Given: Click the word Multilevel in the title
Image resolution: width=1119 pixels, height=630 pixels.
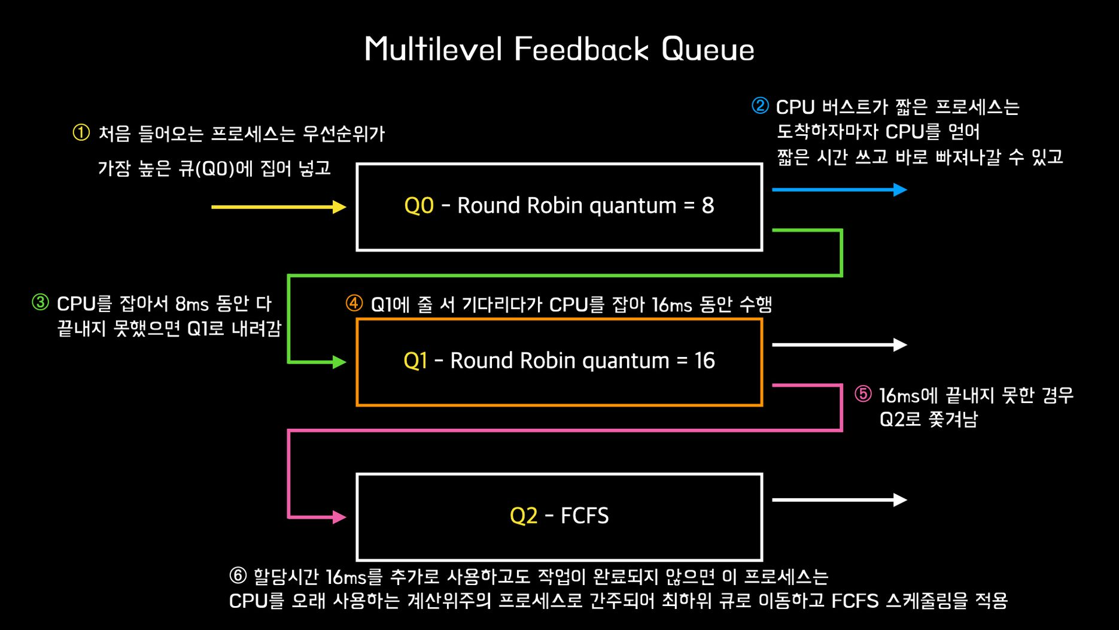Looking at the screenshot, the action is [433, 49].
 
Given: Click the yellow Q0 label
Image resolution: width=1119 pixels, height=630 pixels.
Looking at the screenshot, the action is [419, 205].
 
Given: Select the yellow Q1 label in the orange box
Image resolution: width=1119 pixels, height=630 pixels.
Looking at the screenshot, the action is [415, 361].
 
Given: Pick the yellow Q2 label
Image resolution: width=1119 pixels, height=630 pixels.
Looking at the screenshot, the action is [523, 516].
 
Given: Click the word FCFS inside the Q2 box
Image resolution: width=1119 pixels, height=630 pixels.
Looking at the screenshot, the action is [584, 516].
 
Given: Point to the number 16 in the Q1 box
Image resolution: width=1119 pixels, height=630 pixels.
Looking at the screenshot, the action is [704, 361].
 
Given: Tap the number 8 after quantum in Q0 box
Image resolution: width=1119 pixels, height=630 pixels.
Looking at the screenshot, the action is [707, 205].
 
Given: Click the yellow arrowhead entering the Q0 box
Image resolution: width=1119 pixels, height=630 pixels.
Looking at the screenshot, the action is [339, 207].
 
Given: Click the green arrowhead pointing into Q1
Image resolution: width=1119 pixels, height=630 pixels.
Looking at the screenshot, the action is [339, 362].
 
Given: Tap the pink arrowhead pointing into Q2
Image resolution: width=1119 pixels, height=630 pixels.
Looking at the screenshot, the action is [339, 517].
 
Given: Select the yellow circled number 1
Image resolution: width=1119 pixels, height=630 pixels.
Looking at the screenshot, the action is [81, 132].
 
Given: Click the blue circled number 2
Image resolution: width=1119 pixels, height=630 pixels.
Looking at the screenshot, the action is [760, 106].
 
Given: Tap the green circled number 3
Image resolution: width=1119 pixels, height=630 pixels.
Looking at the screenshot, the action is [40, 302].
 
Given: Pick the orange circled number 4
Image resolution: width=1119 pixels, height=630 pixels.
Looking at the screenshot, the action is [354, 304].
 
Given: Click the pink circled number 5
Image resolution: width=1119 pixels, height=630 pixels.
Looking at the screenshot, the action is [863, 394].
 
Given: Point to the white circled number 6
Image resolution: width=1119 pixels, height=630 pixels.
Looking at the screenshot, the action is [238, 576].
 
